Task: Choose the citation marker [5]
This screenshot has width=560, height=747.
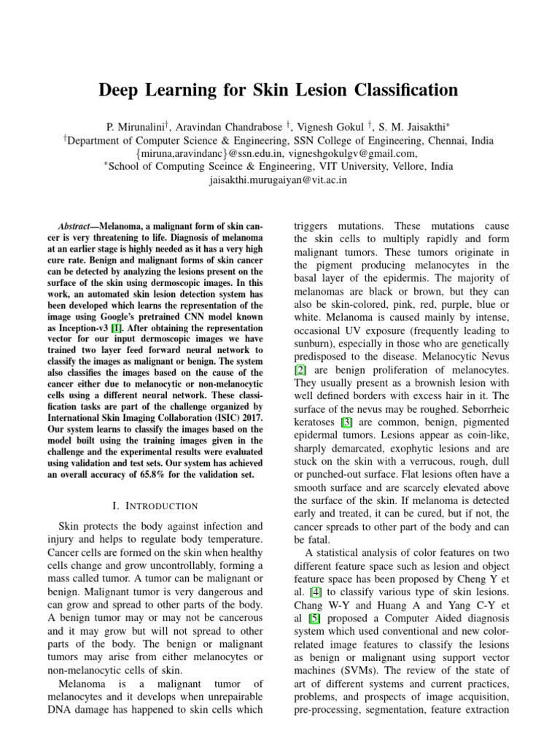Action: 316,619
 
